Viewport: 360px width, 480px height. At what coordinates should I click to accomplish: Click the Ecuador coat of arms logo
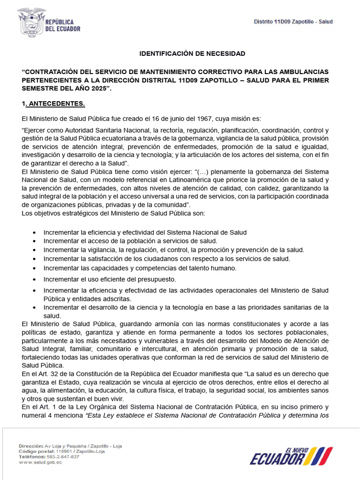[x=31, y=22]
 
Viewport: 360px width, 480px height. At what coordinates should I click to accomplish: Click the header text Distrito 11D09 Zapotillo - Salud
[x=293, y=22]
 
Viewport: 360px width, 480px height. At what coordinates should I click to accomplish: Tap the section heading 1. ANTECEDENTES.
[x=53, y=103]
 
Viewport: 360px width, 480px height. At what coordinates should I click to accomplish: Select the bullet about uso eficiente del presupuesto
[x=103, y=279]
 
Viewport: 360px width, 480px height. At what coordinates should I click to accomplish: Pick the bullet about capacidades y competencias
[x=140, y=268]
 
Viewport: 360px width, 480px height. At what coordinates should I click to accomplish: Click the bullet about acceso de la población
[x=130, y=241]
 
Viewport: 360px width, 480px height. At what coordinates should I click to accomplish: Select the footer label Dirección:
[x=31, y=446]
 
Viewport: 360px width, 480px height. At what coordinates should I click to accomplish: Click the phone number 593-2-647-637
[x=62, y=457]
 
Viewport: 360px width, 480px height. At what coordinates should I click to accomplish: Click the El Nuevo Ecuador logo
[x=291, y=456]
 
